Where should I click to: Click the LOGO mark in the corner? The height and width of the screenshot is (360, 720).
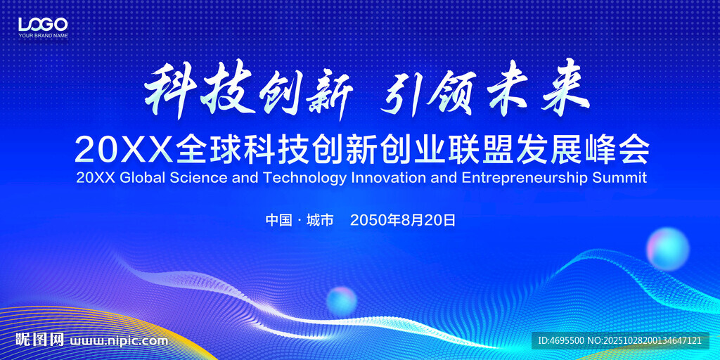[x=43, y=24]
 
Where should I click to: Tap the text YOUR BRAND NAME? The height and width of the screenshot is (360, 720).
[x=43, y=35]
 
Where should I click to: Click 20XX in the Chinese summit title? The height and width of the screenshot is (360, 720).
[x=124, y=150]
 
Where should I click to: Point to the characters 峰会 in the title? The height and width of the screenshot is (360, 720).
[x=616, y=149]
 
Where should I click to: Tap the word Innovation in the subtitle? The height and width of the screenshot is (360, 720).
[x=389, y=178]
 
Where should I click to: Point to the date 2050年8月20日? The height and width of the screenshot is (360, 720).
[x=403, y=220]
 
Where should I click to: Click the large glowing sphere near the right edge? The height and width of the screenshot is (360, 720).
[x=668, y=249]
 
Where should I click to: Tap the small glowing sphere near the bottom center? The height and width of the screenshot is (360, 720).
[x=342, y=301]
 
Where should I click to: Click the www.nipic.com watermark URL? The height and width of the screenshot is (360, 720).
[x=118, y=342]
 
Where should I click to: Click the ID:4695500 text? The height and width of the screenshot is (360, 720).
[x=560, y=341]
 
